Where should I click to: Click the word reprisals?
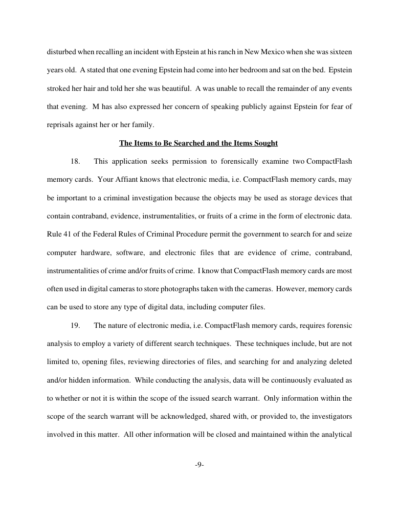tap(60, 125)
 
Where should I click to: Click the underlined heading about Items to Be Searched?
tap(199, 143)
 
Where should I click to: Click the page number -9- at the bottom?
tap(199, 465)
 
